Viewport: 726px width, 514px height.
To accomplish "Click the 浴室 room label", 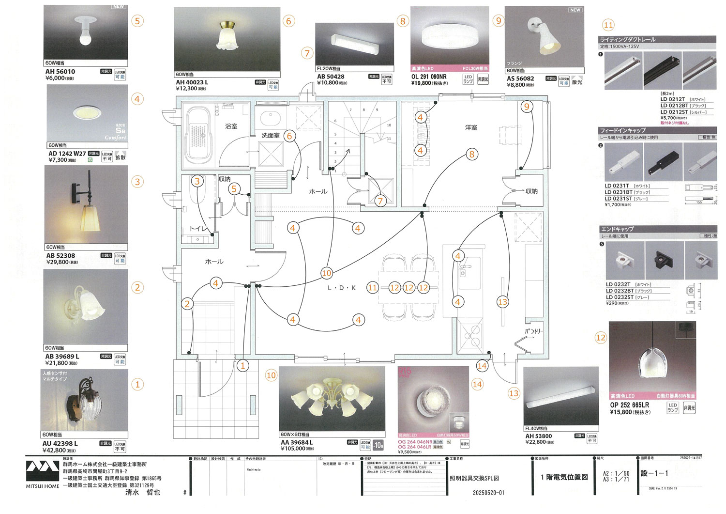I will pos(231,126).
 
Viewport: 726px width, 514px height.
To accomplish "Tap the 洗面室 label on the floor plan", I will pos(271,136).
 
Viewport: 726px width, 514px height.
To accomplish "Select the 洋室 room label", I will pos(471,127).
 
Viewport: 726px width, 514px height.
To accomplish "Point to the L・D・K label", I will pos(342,288).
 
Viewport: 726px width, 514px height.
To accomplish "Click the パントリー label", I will pos(534,331).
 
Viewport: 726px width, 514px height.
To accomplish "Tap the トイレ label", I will pos(198,229).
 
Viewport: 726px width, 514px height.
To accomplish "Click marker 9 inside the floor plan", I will pos(527,107).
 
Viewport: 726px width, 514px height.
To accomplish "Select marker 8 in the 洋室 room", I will pos(471,155).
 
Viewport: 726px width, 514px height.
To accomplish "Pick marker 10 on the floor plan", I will pos(327,273).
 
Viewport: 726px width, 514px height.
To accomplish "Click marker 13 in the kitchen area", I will pos(503,302).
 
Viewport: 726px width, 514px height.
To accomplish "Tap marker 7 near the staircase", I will pos(380,201).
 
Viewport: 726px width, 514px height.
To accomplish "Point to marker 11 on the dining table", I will pos(372,288).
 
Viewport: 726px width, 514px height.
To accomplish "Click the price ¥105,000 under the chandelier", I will pos(293,449).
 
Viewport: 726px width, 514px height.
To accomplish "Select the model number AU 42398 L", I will pos(60,443).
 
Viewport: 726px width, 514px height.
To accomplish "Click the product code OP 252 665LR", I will pos(629,405).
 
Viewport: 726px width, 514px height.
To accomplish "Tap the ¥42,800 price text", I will pos(54,451).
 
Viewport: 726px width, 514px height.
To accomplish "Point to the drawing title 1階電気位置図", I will pos(564,477).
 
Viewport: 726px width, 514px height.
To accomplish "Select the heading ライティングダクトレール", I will pos(627,40).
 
